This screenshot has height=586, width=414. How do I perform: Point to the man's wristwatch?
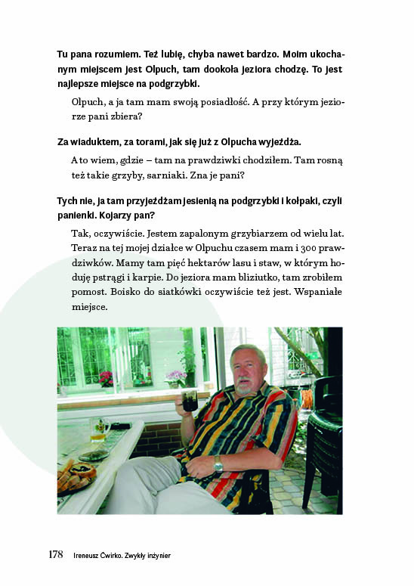coord(218,464)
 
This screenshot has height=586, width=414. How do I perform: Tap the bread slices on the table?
coord(76,475)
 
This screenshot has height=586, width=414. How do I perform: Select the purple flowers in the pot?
coord(175,376)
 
